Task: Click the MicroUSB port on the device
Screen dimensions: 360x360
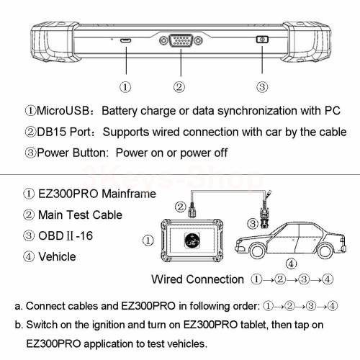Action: [126, 42]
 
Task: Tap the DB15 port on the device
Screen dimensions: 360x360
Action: [179, 42]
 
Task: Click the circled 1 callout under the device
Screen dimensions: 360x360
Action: [126, 88]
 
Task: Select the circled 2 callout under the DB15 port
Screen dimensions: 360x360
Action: [179, 88]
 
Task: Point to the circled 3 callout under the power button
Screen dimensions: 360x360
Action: [263, 88]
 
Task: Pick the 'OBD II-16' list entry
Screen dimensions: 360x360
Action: [58, 235]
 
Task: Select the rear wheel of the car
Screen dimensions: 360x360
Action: [324, 253]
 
